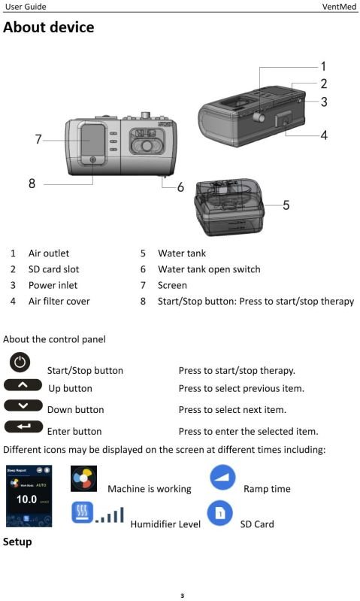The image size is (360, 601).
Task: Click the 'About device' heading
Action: (49, 28)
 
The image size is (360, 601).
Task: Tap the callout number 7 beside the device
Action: (38, 138)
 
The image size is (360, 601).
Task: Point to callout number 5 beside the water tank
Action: (286, 205)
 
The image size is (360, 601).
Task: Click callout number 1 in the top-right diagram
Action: (322, 66)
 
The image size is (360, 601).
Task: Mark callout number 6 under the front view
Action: (180, 187)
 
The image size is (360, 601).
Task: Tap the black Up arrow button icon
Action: (23, 385)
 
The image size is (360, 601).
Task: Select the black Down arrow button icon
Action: (23, 406)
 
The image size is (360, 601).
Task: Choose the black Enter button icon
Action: (23, 427)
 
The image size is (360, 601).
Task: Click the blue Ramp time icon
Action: (222, 478)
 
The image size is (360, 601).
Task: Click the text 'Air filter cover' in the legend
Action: (59, 301)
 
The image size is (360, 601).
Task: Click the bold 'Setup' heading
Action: (17, 541)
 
